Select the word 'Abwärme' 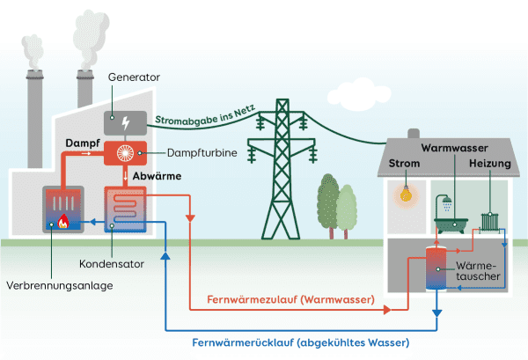157,176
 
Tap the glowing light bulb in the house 406,194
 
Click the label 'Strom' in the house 406,165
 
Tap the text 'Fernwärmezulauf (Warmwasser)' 290,300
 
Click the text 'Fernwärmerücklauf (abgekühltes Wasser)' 301,342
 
